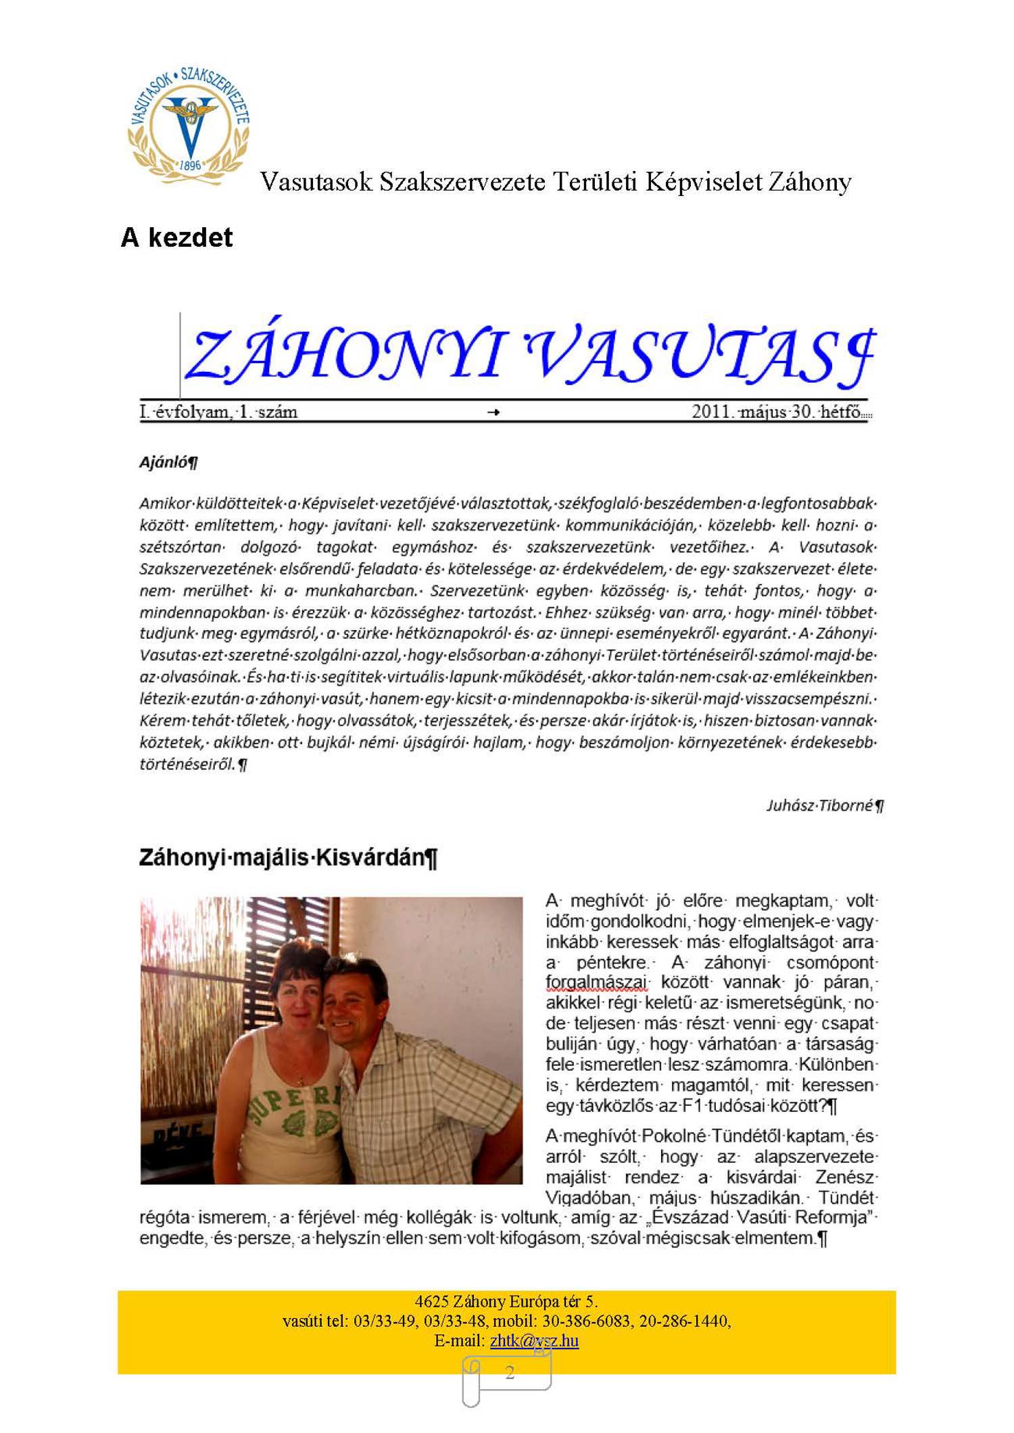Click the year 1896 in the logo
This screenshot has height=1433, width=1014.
[x=190, y=165]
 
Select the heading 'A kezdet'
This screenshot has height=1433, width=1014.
[x=176, y=238]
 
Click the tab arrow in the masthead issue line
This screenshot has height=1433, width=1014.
[x=493, y=412]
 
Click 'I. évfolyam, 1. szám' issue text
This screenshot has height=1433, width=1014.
[x=218, y=412]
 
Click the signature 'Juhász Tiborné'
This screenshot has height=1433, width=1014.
[x=820, y=805]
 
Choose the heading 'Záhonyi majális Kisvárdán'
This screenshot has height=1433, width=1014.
[x=283, y=857]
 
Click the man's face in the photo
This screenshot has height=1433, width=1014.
[x=349, y=1011]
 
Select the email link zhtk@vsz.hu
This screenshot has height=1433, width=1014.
[x=534, y=1340]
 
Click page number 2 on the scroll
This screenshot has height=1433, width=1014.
[x=510, y=1373]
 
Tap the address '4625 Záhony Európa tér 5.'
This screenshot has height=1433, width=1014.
[x=506, y=1301]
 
